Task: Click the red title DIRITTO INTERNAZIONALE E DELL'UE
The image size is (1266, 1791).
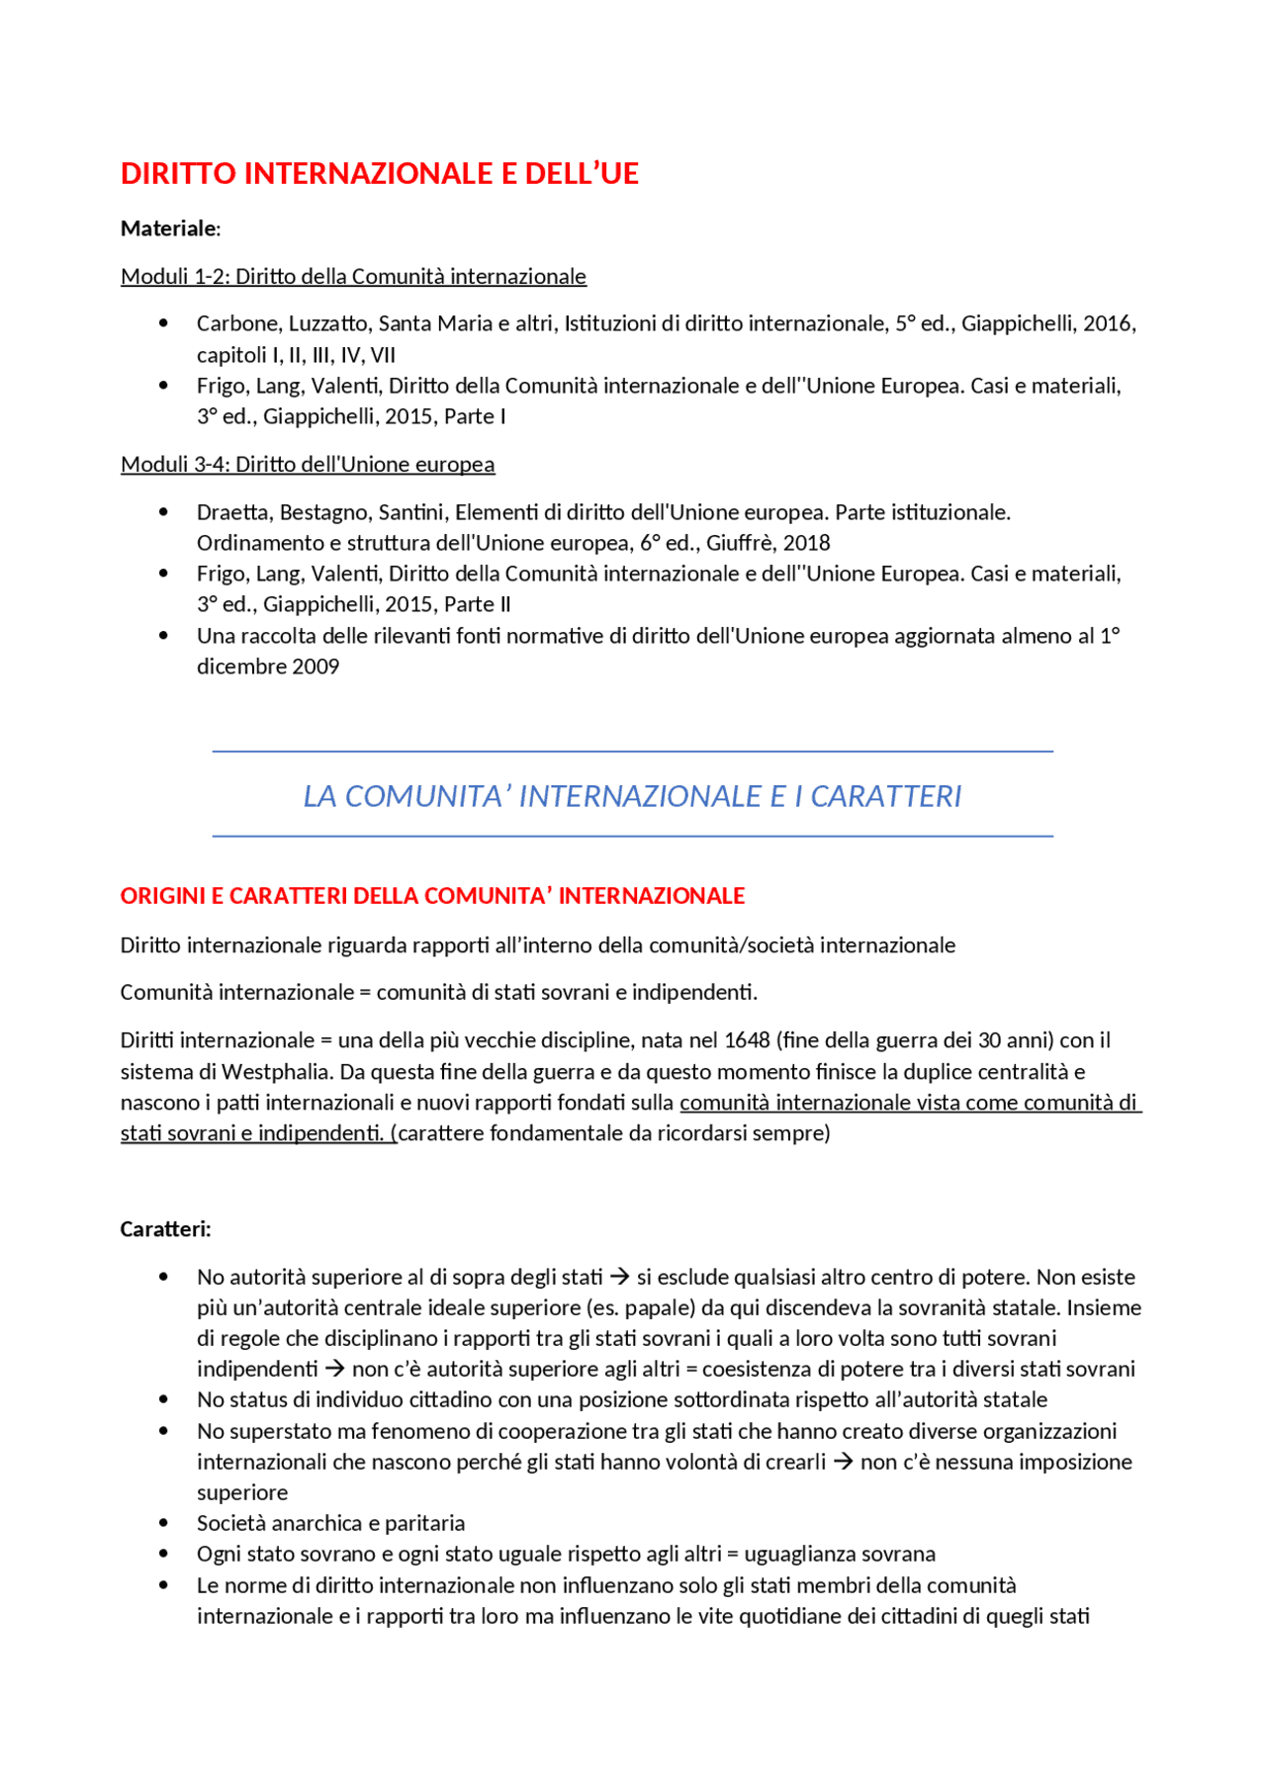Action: tap(379, 174)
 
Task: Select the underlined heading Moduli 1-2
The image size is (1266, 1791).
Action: tap(353, 277)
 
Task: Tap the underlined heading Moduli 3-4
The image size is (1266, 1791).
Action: tap(308, 465)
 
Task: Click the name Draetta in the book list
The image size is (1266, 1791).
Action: tap(233, 512)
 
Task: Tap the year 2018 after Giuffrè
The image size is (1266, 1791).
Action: tap(806, 543)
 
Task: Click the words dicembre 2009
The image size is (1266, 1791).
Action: tap(268, 667)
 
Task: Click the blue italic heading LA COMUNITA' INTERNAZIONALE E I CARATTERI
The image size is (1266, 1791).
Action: tap(632, 796)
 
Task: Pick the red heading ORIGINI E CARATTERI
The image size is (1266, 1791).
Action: tap(432, 896)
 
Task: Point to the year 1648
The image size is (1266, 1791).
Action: tap(747, 1040)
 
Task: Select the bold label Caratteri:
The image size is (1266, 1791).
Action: tap(165, 1229)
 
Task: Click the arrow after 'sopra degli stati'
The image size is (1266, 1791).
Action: tap(619, 1277)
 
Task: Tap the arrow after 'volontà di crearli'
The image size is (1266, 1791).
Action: tap(843, 1462)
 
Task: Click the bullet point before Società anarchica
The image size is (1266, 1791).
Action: tap(163, 1524)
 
